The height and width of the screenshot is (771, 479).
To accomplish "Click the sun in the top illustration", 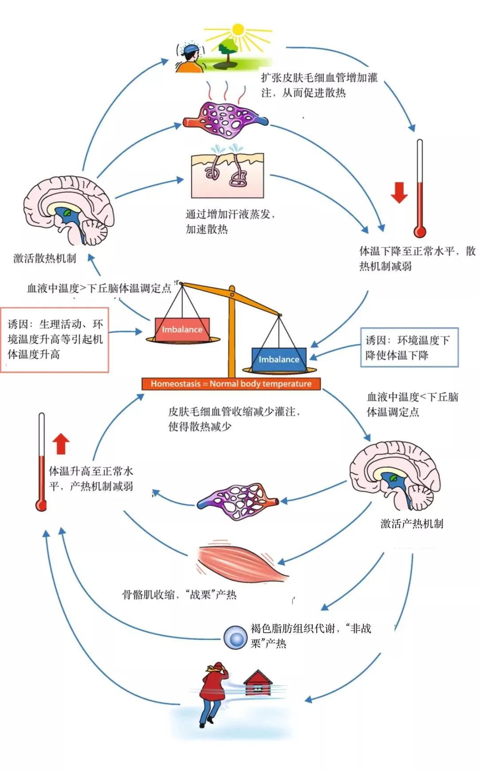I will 238,30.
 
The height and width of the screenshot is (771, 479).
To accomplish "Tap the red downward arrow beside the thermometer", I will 399,192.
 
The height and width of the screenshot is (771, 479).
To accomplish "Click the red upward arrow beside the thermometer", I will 61,444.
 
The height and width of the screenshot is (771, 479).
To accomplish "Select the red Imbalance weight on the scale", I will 182,329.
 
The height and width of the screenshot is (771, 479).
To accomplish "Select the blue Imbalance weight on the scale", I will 279,359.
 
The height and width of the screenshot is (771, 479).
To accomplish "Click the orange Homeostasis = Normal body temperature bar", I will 231,384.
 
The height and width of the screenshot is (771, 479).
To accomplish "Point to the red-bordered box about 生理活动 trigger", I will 55,339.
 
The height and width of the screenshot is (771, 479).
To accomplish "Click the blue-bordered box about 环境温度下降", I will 409,348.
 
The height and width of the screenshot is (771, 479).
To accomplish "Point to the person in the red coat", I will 213,692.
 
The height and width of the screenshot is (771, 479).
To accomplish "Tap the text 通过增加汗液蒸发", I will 230,215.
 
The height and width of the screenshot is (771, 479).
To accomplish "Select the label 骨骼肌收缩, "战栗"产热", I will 179,595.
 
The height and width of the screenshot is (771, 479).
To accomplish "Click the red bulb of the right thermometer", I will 420,231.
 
